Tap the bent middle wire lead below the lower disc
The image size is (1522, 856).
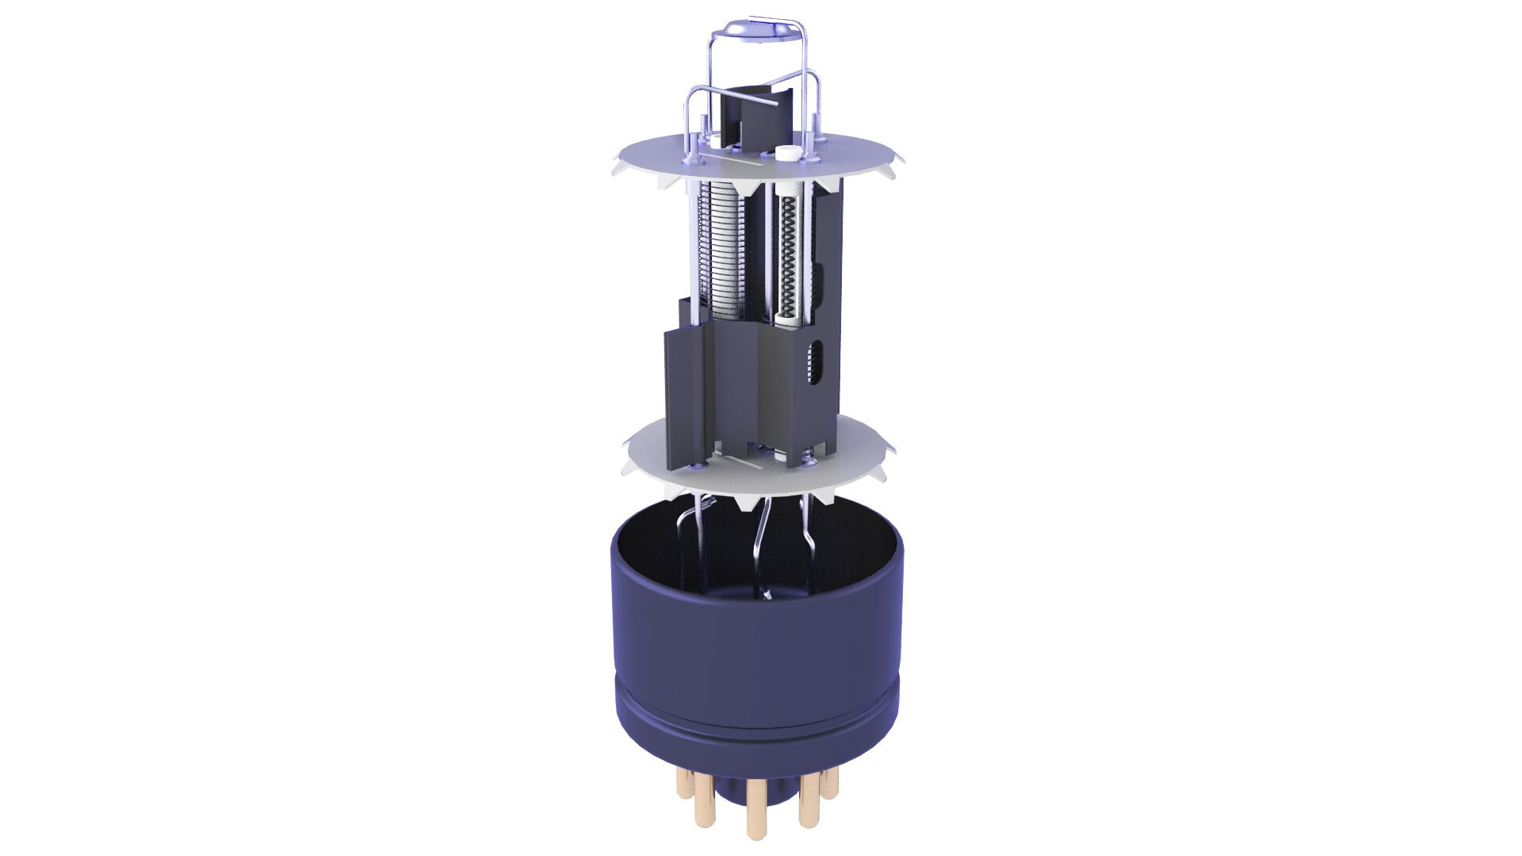point(761,547)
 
